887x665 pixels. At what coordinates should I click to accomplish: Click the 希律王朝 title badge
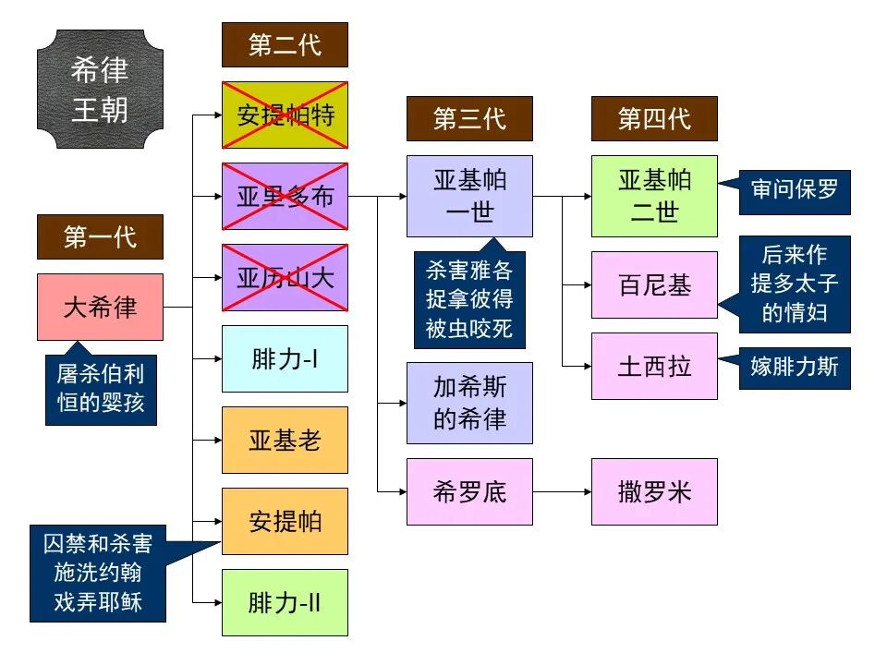click(100, 90)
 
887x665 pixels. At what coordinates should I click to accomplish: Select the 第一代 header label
click(100, 236)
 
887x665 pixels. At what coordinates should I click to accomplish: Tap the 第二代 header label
click(285, 44)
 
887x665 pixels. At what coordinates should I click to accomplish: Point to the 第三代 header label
click(469, 118)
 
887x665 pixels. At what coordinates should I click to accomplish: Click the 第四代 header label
click(654, 118)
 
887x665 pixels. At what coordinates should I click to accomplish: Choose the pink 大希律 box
click(100, 307)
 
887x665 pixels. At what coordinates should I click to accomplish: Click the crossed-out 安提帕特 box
click(285, 115)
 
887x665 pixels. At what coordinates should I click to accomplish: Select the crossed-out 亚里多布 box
click(285, 196)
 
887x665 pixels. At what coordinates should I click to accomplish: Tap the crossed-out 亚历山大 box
click(285, 277)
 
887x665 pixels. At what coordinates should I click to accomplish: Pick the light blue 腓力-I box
click(285, 358)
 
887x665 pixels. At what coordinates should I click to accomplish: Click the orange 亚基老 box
click(285, 440)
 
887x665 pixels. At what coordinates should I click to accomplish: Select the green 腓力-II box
click(285, 602)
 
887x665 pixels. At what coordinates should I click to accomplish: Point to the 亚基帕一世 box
click(469, 196)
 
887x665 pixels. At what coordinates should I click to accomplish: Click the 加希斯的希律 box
click(469, 403)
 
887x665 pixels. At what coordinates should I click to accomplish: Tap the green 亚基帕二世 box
click(654, 196)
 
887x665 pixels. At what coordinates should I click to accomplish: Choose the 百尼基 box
click(654, 284)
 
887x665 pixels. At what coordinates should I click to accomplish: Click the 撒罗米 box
click(654, 491)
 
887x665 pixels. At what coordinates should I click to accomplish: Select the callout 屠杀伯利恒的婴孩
click(100, 389)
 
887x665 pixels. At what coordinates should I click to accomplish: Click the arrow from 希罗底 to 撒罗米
click(562, 491)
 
